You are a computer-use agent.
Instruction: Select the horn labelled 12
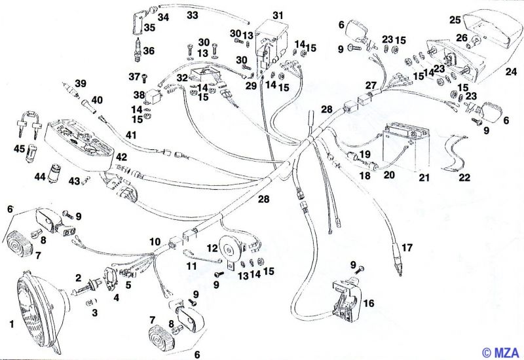229,248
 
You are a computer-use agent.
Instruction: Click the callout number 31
278,15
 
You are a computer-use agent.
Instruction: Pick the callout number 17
407,248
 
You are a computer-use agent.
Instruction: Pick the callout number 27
371,86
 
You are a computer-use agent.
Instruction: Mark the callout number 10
154,242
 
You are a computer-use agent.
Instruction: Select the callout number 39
80,83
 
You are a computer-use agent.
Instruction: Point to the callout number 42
122,157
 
